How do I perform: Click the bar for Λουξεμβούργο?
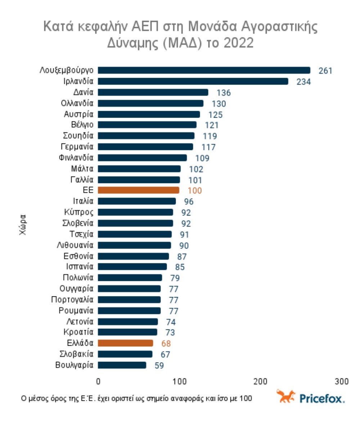[204, 70]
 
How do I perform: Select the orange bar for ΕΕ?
[139, 190]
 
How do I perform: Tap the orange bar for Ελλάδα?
[125, 343]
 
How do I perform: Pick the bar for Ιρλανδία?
[193, 81]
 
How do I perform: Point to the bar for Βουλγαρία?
[122, 365]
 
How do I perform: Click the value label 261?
[325, 71]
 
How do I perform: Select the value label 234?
[303, 82]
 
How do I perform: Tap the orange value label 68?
[166, 344]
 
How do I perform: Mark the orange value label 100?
[195, 191]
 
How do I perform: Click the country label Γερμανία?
[77, 147]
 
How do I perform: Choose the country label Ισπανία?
[80, 267]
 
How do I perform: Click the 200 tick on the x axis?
[260, 381]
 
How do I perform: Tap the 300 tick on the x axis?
[341, 381]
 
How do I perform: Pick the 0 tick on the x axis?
[98, 381]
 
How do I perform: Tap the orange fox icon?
[286, 396]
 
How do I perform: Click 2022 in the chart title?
[238, 43]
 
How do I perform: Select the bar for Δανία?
[153, 92]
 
